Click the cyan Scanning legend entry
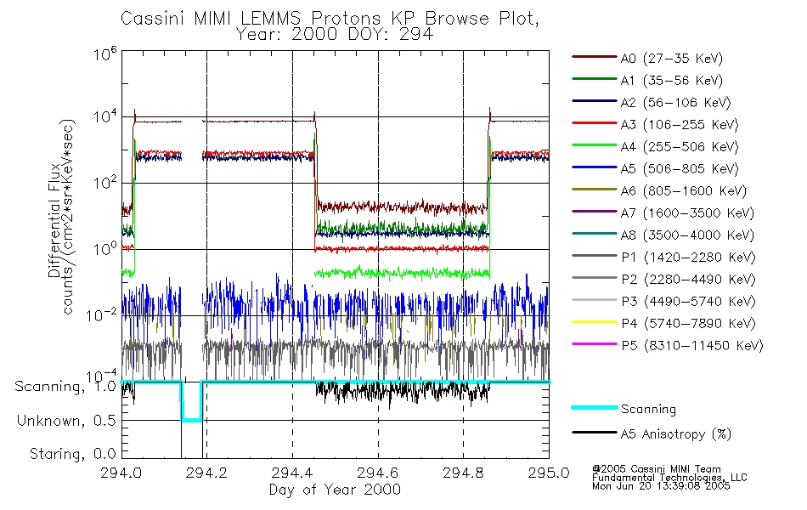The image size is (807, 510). (x=648, y=409)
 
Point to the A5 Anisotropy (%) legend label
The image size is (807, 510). (x=675, y=434)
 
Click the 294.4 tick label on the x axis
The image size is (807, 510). (x=292, y=473)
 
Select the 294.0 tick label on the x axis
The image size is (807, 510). (x=121, y=473)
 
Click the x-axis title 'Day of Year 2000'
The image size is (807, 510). (x=335, y=490)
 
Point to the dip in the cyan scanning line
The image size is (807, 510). (x=191, y=419)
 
